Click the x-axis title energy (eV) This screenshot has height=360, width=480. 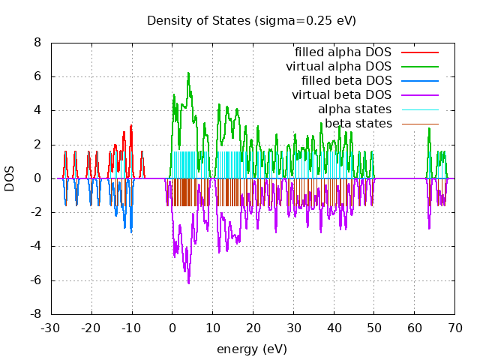click(251, 349)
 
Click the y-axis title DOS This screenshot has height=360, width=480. click(10, 178)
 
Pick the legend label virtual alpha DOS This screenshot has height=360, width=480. click(338, 67)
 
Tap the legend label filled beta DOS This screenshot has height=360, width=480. click(346, 81)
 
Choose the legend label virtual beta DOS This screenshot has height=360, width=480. click(341, 95)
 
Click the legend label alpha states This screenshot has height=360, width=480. click(355, 109)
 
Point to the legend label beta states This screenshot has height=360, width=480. click(358, 123)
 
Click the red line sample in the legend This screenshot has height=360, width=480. click(419, 52)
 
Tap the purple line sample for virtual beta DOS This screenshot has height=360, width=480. click(419, 95)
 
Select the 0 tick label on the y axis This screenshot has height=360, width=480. click(37, 178)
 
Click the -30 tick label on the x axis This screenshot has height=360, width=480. click(51, 328)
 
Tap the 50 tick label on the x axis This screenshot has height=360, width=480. click(374, 328)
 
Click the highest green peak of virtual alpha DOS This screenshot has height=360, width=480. click(188, 73)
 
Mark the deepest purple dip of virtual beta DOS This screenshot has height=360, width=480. click(188, 283)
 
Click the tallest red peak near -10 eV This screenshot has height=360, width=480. click(131, 125)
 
